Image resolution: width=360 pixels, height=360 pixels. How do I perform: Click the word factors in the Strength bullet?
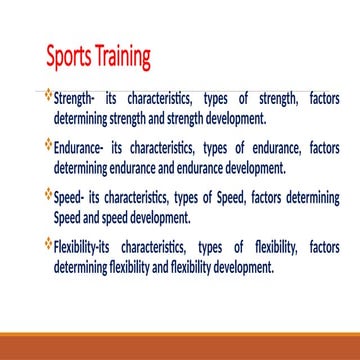(319, 99)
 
